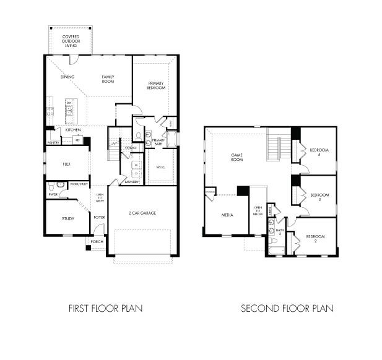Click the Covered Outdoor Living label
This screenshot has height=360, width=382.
click(71, 41)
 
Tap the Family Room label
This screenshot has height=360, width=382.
click(109, 79)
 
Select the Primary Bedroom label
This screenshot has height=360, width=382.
click(155, 85)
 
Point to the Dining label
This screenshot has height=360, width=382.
click(67, 77)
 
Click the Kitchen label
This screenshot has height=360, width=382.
click(73, 130)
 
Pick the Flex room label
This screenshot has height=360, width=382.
click(67, 165)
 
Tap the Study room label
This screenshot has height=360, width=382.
click(67, 219)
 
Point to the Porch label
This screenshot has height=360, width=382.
click(97, 241)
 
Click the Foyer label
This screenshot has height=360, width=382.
click(99, 218)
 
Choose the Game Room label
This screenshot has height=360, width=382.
click(237, 157)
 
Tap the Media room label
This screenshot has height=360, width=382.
click(227, 215)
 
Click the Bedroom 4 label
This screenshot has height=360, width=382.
click(318, 152)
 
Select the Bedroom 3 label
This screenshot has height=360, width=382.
click(318, 196)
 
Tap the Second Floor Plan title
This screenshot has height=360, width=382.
click(287, 307)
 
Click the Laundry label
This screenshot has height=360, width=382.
click(131, 182)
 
